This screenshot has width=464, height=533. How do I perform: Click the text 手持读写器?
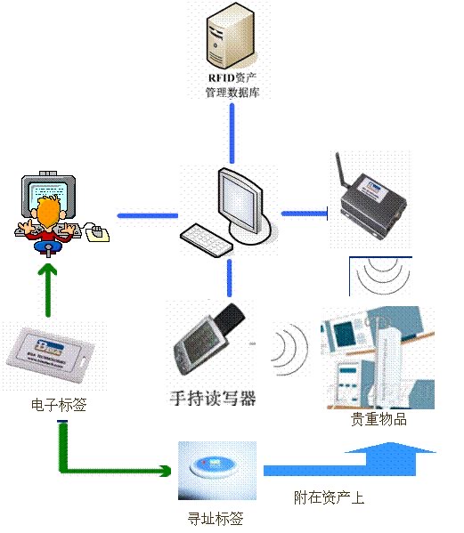coord(213,398)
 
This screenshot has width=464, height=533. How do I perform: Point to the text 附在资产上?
coord(329,498)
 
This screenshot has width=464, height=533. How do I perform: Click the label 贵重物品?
coord(379,419)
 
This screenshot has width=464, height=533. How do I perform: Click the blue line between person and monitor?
coord(146,214)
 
